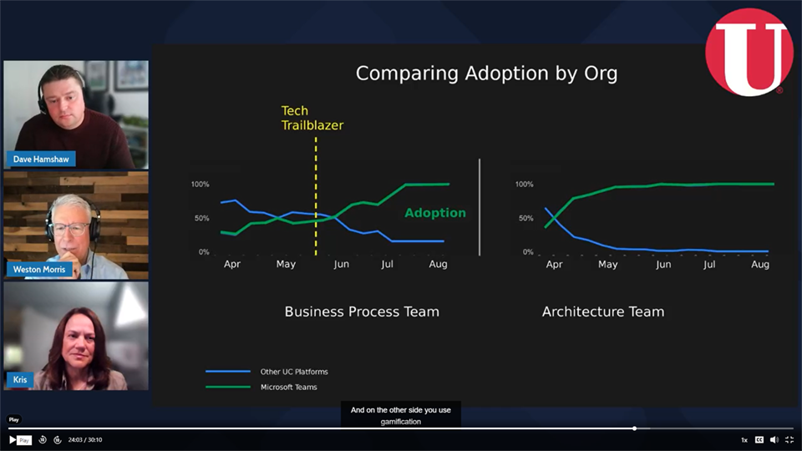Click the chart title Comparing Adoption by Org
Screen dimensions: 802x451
tap(486, 73)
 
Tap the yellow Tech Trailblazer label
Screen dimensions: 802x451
tap(312, 118)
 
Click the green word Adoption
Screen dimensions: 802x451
tap(435, 213)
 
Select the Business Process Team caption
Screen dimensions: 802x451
tap(362, 312)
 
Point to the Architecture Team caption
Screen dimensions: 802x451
tap(603, 312)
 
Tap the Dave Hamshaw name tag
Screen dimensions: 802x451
tap(41, 159)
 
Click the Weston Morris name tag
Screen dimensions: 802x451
tap(39, 270)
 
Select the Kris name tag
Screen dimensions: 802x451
tap(20, 379)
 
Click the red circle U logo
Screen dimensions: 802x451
tap(749, 52)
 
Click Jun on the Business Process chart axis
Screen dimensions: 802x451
tap(341, 265)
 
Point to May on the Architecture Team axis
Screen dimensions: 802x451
tap(607, 265)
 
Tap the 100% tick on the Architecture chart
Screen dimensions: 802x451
tap(525, 184)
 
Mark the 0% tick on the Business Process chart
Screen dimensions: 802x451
tap(204, 252)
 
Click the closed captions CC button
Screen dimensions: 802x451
tap(759, 440)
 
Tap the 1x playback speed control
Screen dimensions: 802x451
tap(744, 440)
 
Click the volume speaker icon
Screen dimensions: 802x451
tap(774, 440)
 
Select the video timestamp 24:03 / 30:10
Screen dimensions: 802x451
tap(85, 440)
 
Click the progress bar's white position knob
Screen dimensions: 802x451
tap(634, 428)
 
